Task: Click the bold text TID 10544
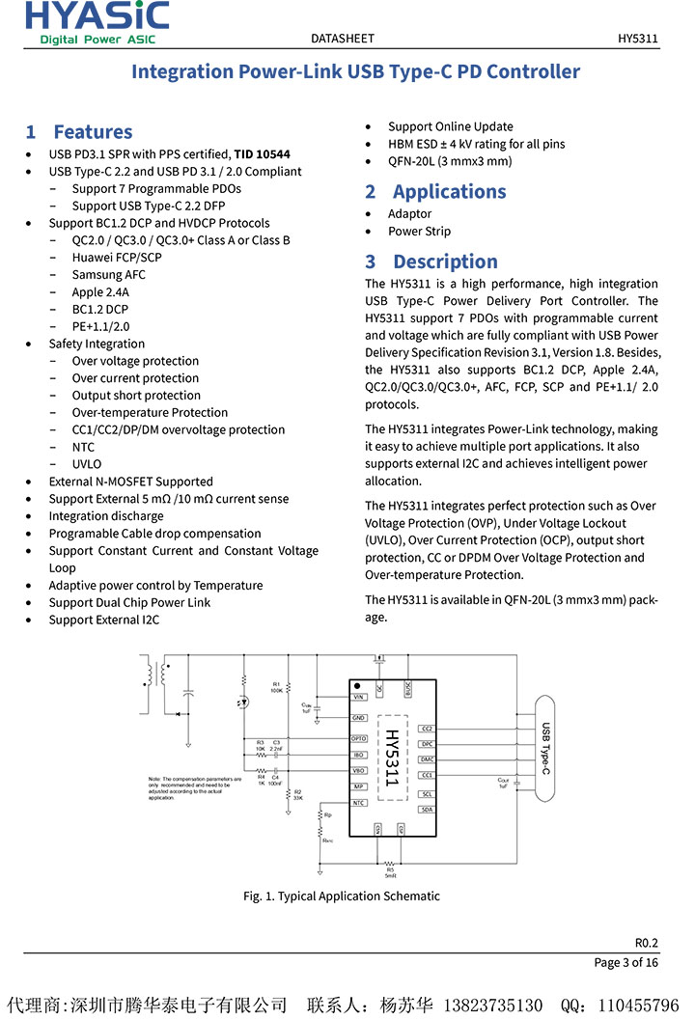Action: [262, 154]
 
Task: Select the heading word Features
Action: [93, 132]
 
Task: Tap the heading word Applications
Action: [449, 191]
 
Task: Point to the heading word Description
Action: [445, 262]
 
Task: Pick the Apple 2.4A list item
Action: [100, 292]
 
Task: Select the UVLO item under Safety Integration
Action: [87, 464]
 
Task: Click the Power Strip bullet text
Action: [419, 232]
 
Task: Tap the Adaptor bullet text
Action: [410, 214]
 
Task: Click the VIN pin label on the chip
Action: [358, 697]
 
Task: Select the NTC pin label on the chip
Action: [358, 803]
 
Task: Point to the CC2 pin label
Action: [427, 729]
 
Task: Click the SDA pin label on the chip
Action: [427, 810]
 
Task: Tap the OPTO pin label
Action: [358, 738]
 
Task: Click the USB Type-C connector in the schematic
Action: [546, 748]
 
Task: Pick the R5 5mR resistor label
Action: [390, 870]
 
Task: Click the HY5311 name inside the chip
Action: [391, 758]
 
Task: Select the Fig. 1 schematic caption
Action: [341, 896]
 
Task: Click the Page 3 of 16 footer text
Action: [625, 962]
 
